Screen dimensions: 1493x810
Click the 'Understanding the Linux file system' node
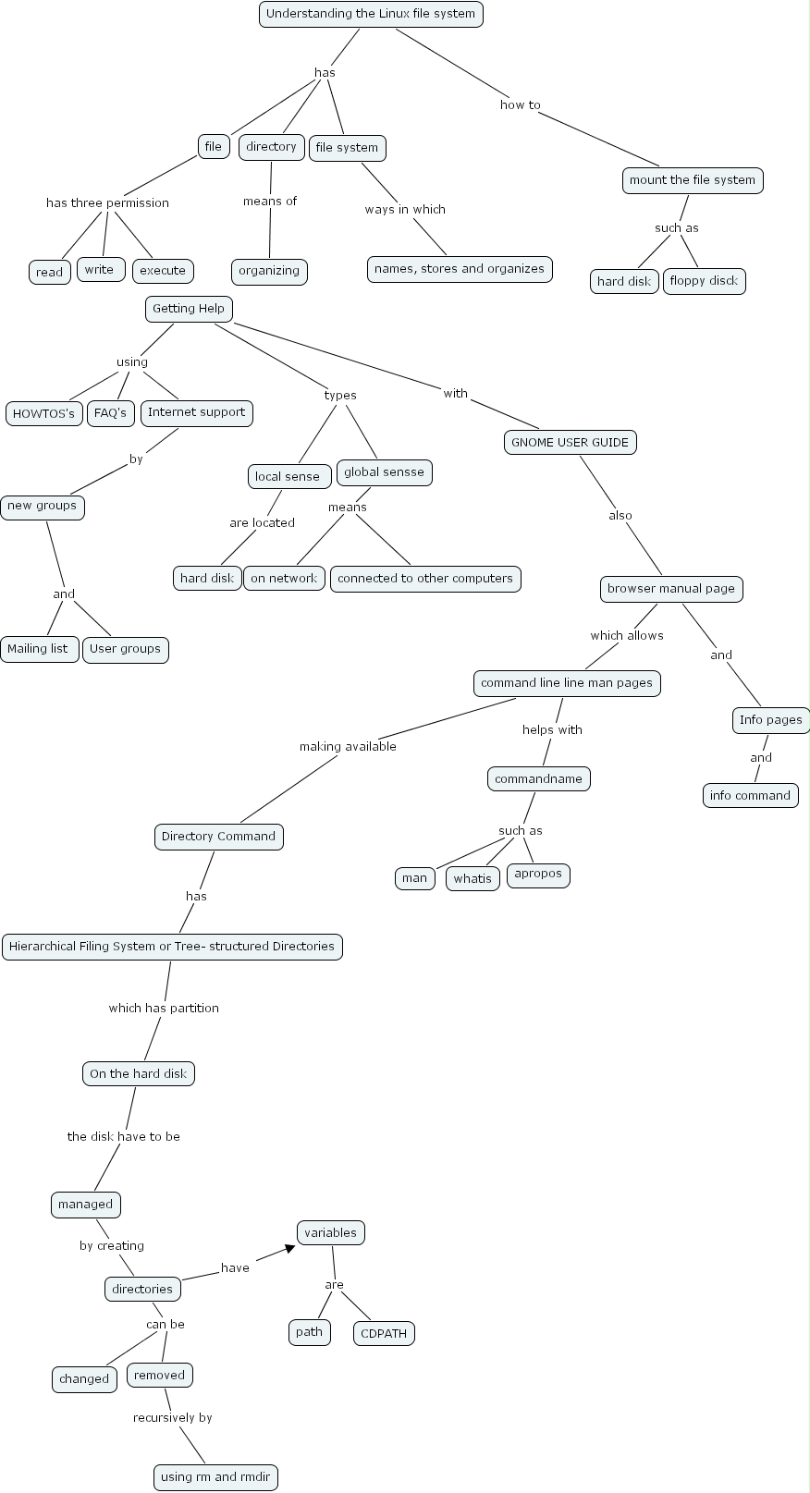(371, 14)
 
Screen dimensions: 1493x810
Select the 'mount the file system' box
(693, 180)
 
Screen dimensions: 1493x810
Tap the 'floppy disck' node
(704, 281)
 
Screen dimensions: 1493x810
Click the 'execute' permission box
(163, 271)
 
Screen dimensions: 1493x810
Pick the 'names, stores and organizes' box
(460, 269)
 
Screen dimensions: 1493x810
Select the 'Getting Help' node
(188, 309)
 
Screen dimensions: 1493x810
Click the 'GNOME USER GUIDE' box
(570, 442)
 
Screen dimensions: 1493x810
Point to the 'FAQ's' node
(110, 412)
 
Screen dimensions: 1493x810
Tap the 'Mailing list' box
(38, 649)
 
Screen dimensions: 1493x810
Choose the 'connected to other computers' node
(425, 579)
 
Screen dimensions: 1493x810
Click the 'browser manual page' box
(671, 589)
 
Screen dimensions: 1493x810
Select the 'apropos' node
(538, 874)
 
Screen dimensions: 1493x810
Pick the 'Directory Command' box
(218, 837)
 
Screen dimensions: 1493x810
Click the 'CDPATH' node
(384, 1333)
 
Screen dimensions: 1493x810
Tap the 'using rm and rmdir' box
(215, 1477)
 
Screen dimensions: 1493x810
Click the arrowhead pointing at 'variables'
(289, 1249)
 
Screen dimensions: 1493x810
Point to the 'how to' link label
(520, 105)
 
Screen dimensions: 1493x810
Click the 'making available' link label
(348, 747)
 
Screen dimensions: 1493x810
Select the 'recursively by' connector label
(172, 1418)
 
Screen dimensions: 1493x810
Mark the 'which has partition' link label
(164, 1009)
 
